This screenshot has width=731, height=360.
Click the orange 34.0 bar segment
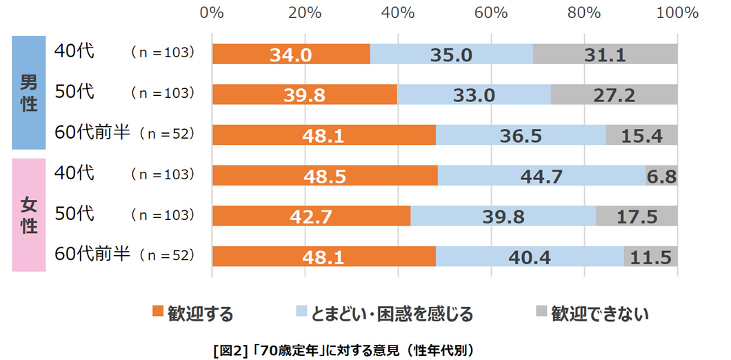pos(291,54)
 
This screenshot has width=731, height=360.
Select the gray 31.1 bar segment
pos(605,54)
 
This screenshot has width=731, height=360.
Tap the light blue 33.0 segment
pos(474,94)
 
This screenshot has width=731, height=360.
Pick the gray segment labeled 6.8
pos(661,175)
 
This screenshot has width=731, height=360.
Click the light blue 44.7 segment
pos(542,175)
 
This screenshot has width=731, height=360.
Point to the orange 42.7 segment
pos(312,216)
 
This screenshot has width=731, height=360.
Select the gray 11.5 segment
pos(651,257)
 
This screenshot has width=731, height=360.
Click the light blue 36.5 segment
pos(521,134)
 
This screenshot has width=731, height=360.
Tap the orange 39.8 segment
pos(304,94)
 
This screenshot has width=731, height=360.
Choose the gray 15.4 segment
pos(641,134)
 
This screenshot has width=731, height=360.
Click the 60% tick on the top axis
pos(491,12)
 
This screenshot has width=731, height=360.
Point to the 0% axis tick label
pos(212,12)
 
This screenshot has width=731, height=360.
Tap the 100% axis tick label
pos(677,12)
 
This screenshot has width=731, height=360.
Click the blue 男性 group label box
pos(29,92)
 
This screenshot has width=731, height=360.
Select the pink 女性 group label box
pos(29,214)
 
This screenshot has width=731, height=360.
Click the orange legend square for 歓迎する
pos(159,312)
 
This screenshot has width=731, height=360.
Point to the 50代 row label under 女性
pos(74,214)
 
